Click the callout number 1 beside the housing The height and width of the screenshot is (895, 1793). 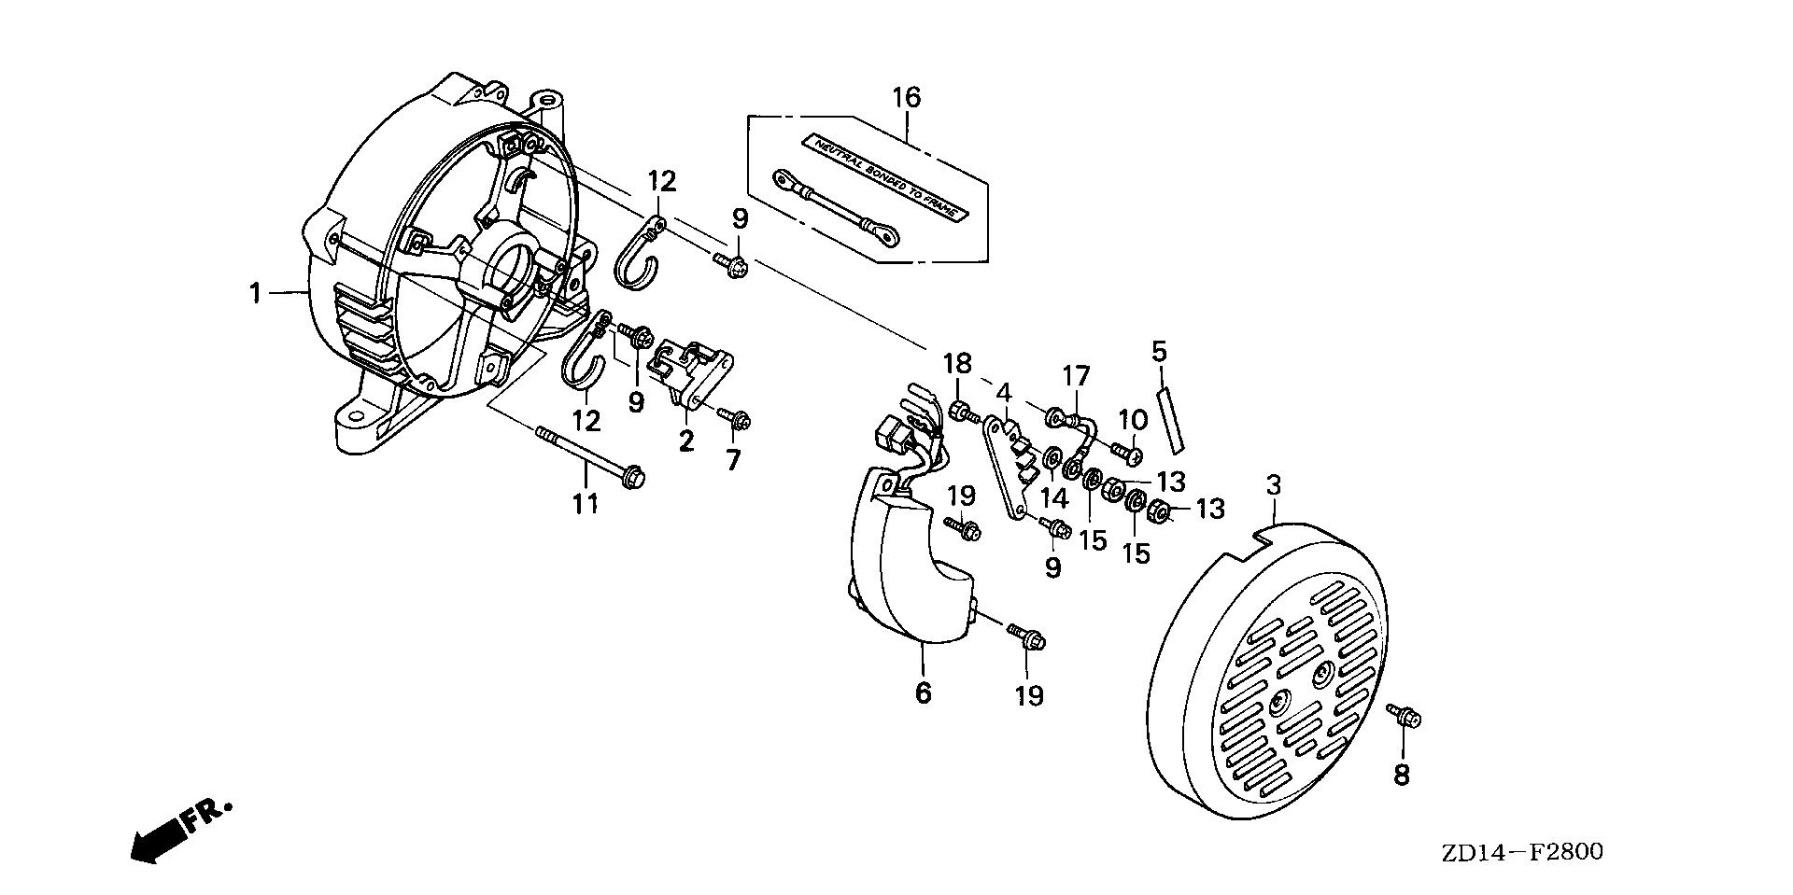tap(255, 294)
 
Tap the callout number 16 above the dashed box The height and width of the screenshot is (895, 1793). tap(906, 97)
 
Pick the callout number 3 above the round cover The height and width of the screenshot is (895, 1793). tap(1274, 485)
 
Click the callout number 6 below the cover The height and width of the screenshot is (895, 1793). tap(923, 693)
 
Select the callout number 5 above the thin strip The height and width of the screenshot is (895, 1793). tap(1159, 352)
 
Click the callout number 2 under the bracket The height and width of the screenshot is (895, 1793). tap(686, 441)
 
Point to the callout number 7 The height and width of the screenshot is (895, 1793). tap(733, 460)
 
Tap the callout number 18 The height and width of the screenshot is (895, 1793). tap(957, 363)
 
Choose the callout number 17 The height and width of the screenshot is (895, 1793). tap(1076, 376)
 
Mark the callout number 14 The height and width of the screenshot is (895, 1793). tap(1055, 498)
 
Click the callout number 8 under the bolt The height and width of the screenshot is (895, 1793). tap(1402, 775)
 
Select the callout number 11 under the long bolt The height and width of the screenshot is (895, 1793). tap(585, 504)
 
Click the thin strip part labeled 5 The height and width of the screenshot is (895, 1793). tap(1168, 419)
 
